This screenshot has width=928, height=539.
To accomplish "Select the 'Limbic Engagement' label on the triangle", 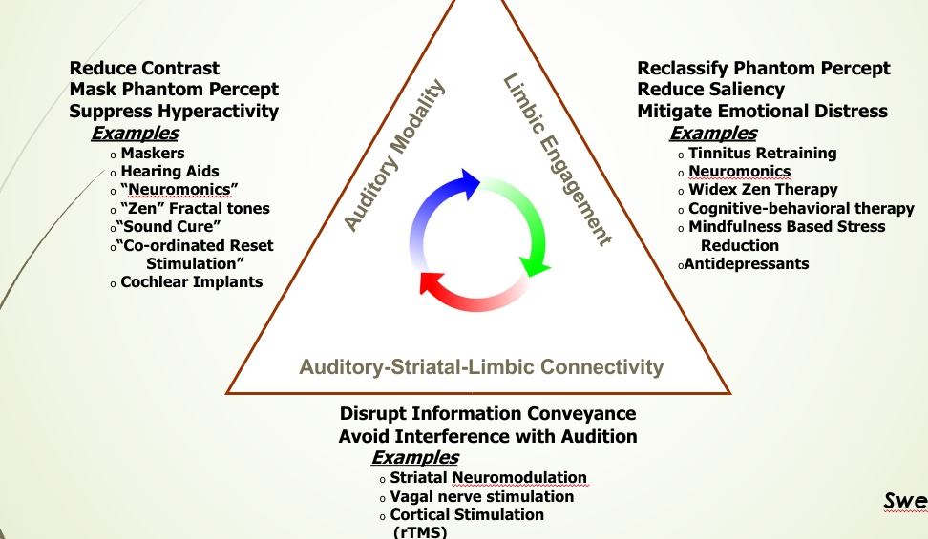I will tap(557, 160).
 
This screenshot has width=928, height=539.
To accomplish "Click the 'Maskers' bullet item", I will tap(153, 153).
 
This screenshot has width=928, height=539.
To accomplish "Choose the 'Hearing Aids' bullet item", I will tap(170, 172).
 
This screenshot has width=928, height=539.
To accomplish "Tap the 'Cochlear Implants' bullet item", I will tap(191, 281).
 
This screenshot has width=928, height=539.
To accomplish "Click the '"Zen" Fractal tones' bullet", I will tap(195, 208).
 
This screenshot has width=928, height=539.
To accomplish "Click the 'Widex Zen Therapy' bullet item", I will tap(749, 190).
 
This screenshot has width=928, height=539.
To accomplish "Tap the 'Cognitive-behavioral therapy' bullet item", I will tap(801, 208).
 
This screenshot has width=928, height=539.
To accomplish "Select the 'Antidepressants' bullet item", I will tap(747, 263).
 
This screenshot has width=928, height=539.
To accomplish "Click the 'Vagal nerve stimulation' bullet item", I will tap(482, 496).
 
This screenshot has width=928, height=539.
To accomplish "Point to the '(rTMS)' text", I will tap(420, 532).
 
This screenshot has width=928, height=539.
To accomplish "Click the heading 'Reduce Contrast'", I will tap(144, 69).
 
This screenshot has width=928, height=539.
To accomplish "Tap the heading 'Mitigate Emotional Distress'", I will tap(762, 111).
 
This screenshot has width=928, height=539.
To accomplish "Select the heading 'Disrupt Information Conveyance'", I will tap(487, 413).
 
